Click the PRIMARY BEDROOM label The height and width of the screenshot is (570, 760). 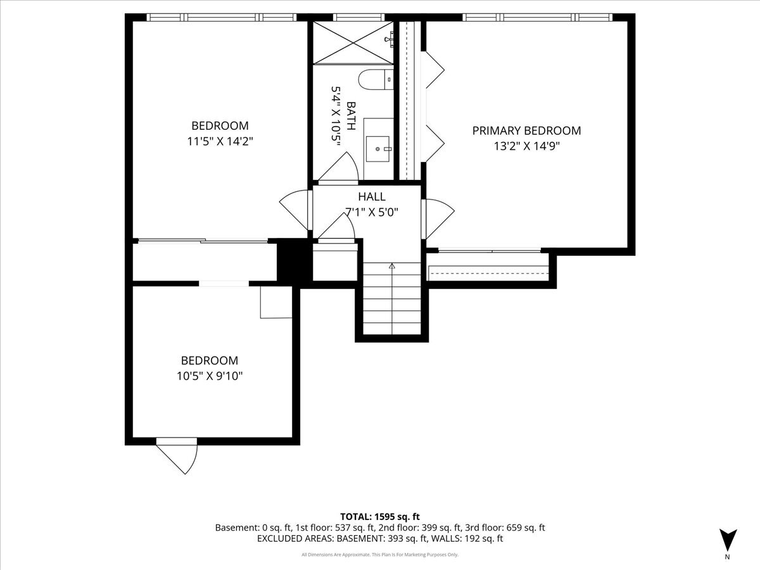[526, 131]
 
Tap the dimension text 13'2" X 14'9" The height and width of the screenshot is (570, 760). [527, 146]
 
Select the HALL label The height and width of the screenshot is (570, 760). [372, 196]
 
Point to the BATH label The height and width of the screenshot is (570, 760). [351, 116]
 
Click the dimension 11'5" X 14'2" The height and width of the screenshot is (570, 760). [220, 141]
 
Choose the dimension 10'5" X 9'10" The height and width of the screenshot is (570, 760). [210, 376]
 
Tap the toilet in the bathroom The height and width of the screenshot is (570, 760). [376, 80]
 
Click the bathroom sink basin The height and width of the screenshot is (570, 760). [377, 149]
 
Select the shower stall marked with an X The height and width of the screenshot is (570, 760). [353, 42]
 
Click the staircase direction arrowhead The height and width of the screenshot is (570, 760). [392, 266]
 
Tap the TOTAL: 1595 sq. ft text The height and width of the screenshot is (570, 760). [380, 517]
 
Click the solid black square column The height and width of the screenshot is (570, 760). [294, 263]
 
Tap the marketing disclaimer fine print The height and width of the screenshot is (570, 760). [380, 554]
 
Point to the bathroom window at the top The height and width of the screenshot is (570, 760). [358, 17]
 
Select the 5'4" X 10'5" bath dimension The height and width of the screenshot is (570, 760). [336, 116]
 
